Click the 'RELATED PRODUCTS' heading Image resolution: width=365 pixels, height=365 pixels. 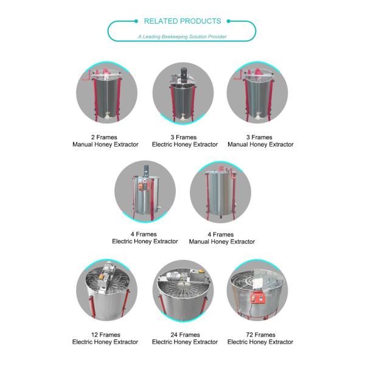pos(182,21)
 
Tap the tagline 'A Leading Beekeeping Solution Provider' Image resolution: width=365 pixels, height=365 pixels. pos(182,36)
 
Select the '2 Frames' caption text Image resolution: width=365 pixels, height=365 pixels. pos(104,137)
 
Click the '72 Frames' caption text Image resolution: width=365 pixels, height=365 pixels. pos(260,335)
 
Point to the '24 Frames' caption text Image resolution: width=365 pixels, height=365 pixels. pos(185,335)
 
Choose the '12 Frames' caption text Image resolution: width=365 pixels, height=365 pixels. pos(106,335)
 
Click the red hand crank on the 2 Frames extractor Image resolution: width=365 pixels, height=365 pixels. pos(86,76)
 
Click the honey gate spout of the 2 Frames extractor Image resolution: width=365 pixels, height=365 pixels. pos(107,115)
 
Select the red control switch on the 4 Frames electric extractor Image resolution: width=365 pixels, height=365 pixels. pos(141,186)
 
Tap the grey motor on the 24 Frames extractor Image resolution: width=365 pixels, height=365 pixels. pos(174,277)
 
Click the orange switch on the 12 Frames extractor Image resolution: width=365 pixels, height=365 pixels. pos(102,277)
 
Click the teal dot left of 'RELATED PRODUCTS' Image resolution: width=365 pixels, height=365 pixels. pos(136,21)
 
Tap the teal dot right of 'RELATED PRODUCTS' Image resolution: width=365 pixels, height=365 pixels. pos(229,21)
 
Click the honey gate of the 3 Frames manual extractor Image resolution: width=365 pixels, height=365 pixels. pos(258,116)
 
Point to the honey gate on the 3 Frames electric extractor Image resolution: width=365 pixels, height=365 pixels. pos(182,116)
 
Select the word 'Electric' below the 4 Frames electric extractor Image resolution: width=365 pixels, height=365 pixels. pos(122,241)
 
